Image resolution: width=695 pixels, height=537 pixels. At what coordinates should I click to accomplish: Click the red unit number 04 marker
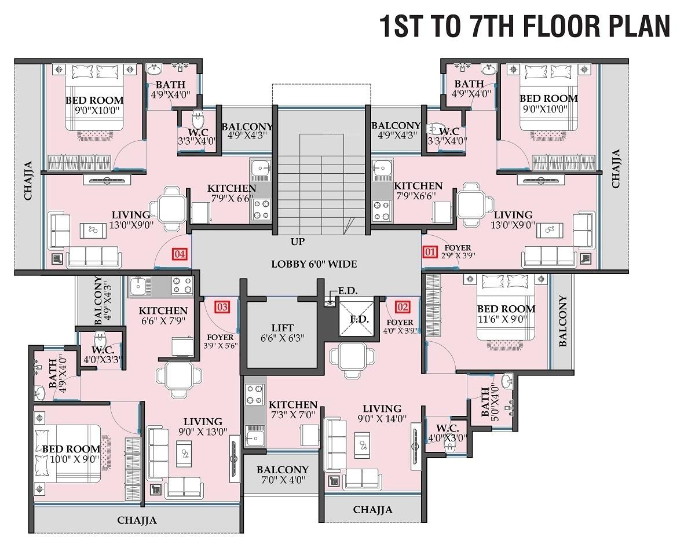click(x=180, y=254)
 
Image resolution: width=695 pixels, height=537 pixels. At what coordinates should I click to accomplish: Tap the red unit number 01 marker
click(x=430, y=252)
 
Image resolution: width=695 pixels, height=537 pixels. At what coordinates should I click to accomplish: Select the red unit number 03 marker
click(x=222, y=306)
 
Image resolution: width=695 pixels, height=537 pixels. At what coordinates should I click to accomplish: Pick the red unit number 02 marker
click(x=403, y=306)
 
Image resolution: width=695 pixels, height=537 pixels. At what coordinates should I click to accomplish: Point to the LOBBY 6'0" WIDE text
click(x=314, y=264)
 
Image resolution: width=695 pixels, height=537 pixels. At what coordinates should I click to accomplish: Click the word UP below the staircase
click(x=298, y=241)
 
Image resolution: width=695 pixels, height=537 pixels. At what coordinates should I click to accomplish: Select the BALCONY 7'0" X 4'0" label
click(x=283, y=474)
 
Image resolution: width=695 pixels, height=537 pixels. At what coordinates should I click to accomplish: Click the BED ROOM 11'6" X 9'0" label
click(x=506, y=315)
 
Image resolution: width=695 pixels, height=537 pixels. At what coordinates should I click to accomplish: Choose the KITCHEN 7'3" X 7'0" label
click(x=293, y=410)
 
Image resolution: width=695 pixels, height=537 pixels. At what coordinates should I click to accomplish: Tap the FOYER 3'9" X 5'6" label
click(x=220, y=341)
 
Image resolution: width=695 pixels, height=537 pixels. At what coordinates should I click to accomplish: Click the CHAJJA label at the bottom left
click(x=137, y=520)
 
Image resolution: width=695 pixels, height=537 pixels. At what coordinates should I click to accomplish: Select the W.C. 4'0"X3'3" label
click(x=103, y=355)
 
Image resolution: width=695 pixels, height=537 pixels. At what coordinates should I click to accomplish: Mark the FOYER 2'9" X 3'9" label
click(x=456, y=251)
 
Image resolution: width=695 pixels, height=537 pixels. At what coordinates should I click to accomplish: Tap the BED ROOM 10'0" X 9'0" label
click(x=71, y=455)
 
